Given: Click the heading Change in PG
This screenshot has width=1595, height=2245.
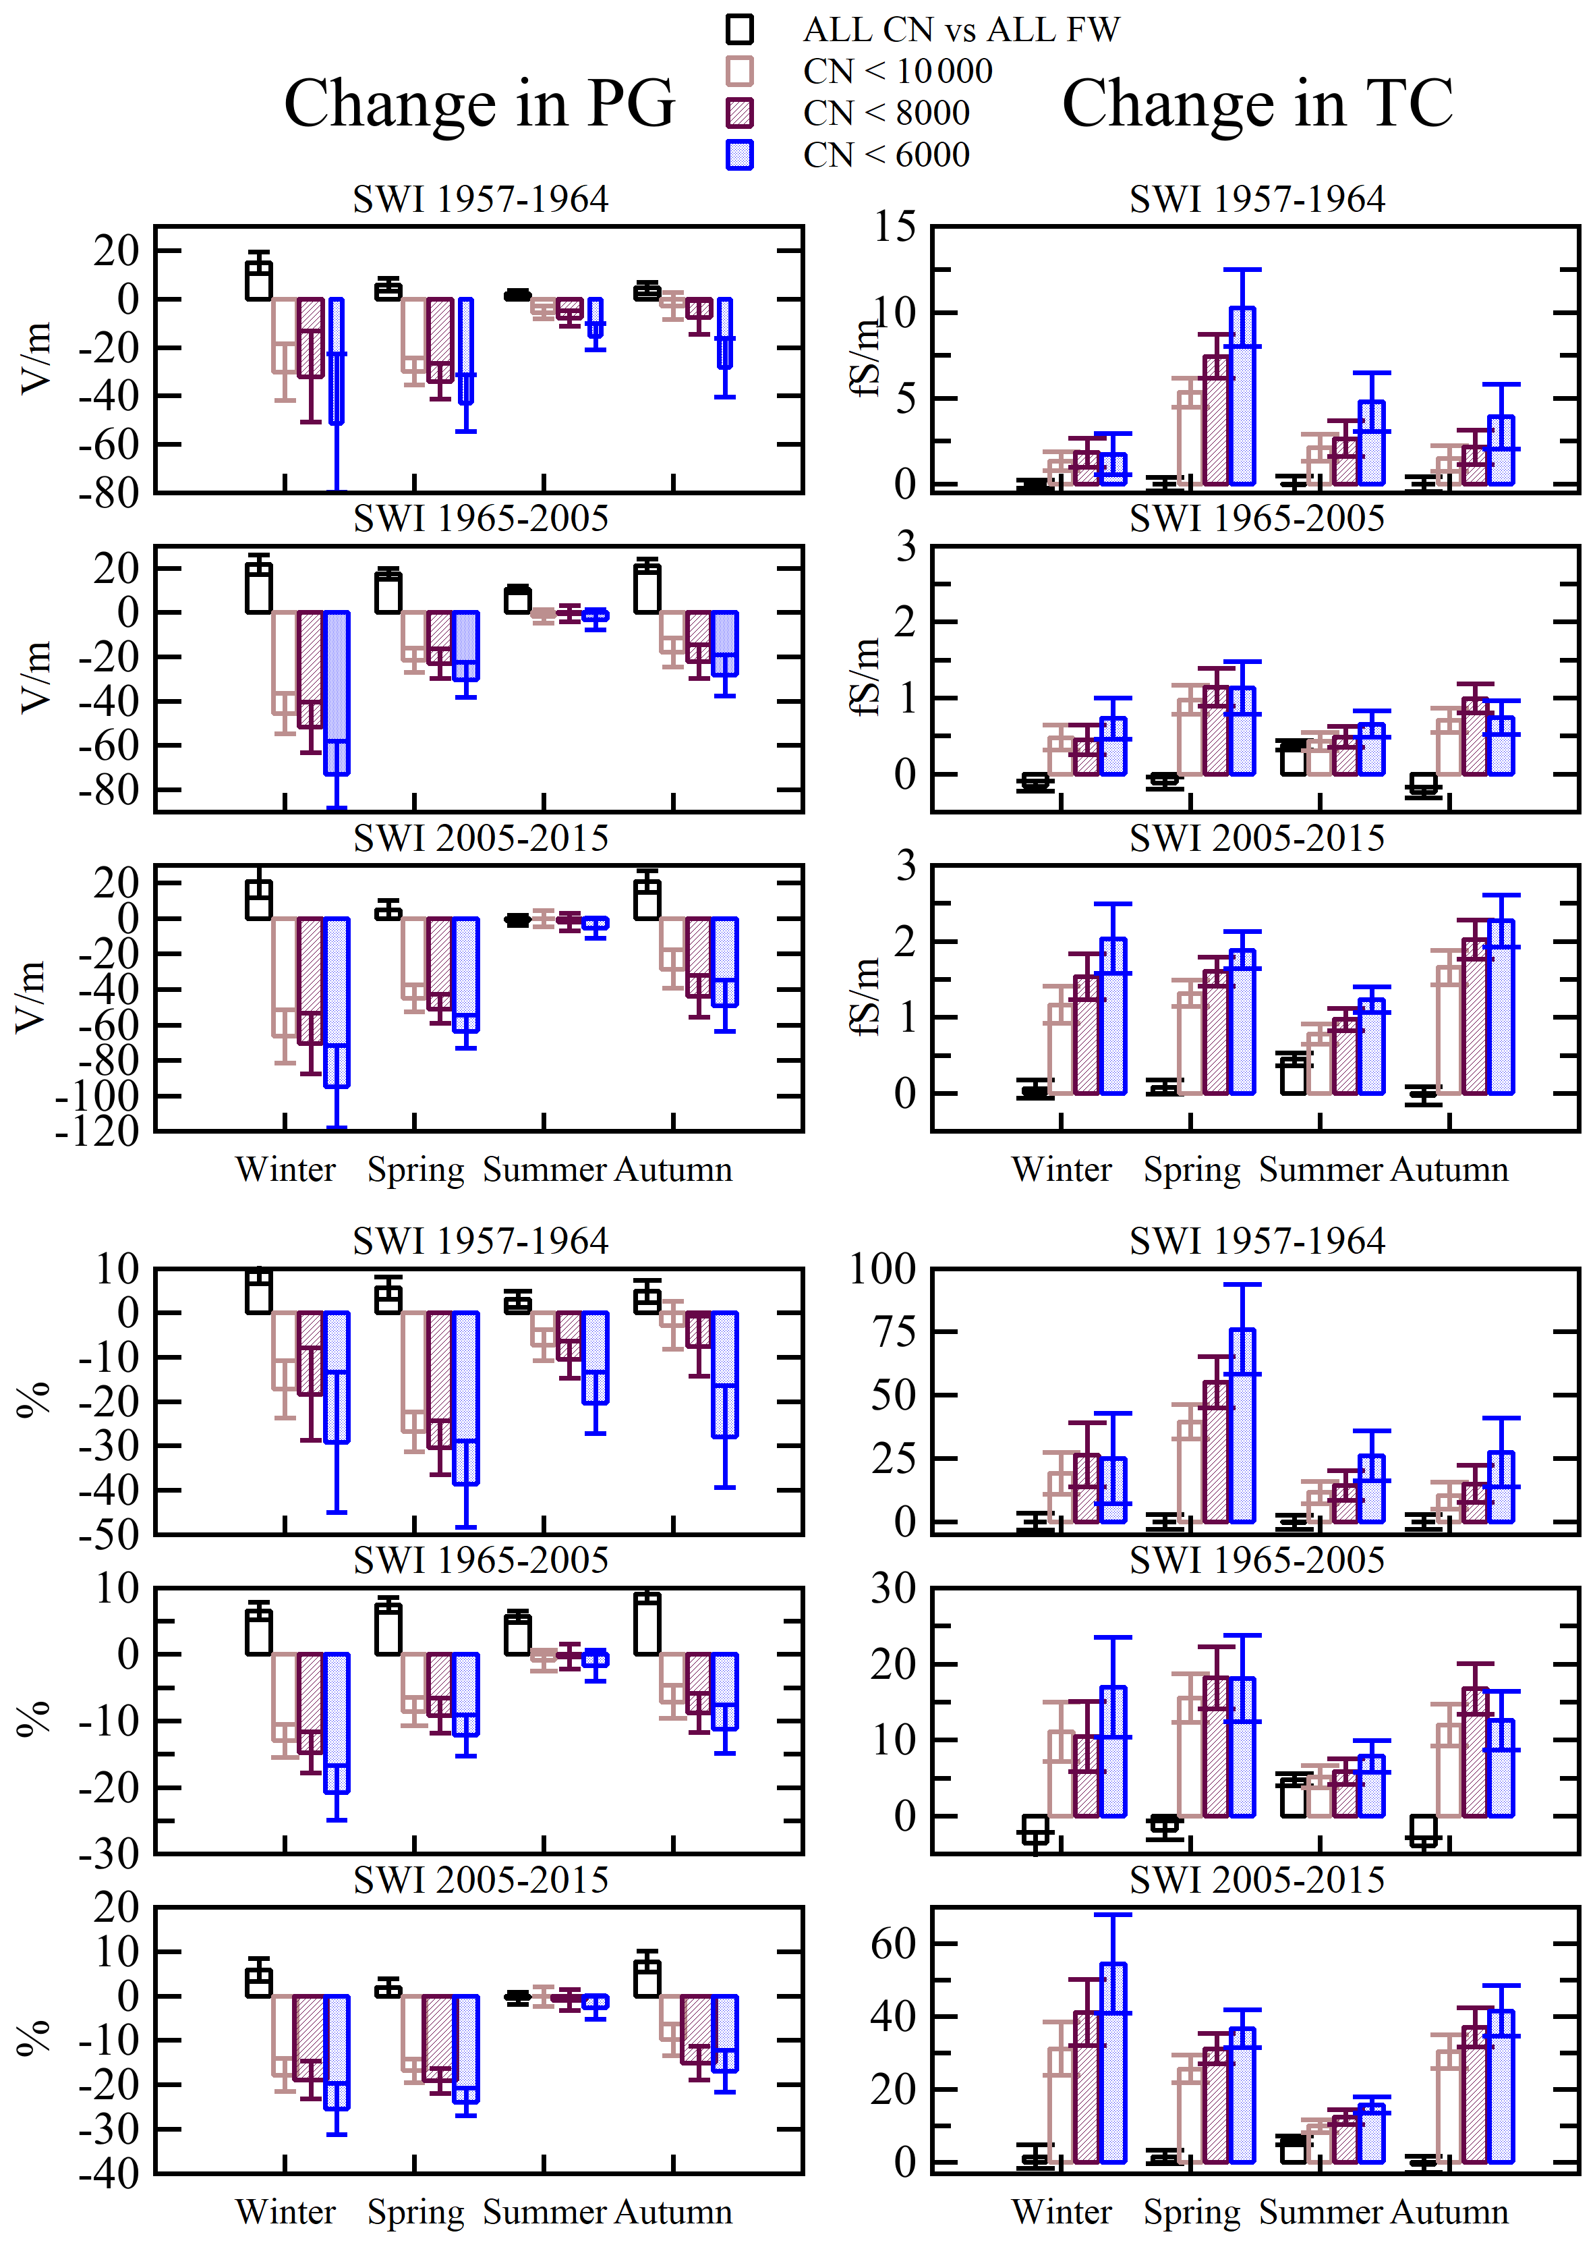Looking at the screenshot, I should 480,103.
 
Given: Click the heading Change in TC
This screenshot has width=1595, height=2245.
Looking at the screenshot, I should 1256,103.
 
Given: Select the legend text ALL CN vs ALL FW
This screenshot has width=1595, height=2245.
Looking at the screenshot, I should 960,30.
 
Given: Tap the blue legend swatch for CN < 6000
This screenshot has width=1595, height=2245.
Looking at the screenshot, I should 740,155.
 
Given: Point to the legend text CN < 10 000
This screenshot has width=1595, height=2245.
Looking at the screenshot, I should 897,72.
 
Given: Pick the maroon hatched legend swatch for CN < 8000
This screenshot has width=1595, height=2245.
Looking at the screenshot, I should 740,113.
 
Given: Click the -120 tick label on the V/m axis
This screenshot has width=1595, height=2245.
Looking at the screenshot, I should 97,1131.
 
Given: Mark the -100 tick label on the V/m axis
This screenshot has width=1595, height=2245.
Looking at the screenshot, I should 97,1095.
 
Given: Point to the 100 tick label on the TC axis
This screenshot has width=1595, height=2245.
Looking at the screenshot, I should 882,1269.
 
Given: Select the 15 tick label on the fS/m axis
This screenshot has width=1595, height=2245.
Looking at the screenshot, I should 895,227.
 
